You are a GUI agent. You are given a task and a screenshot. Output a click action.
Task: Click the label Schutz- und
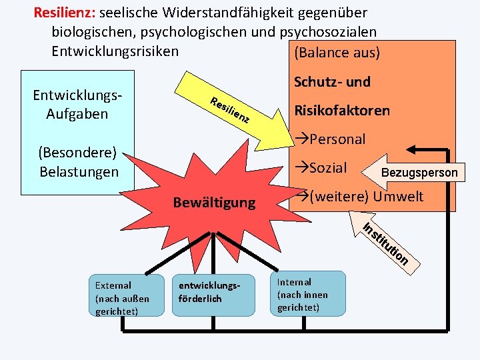[x=332, y=82]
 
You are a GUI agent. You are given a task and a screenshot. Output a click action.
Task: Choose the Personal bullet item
[x=331, y=139]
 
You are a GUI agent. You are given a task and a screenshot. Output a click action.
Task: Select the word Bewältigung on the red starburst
[x=214, y=202]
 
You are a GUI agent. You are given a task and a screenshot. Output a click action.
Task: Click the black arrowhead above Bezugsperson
[x=413, y=149]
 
